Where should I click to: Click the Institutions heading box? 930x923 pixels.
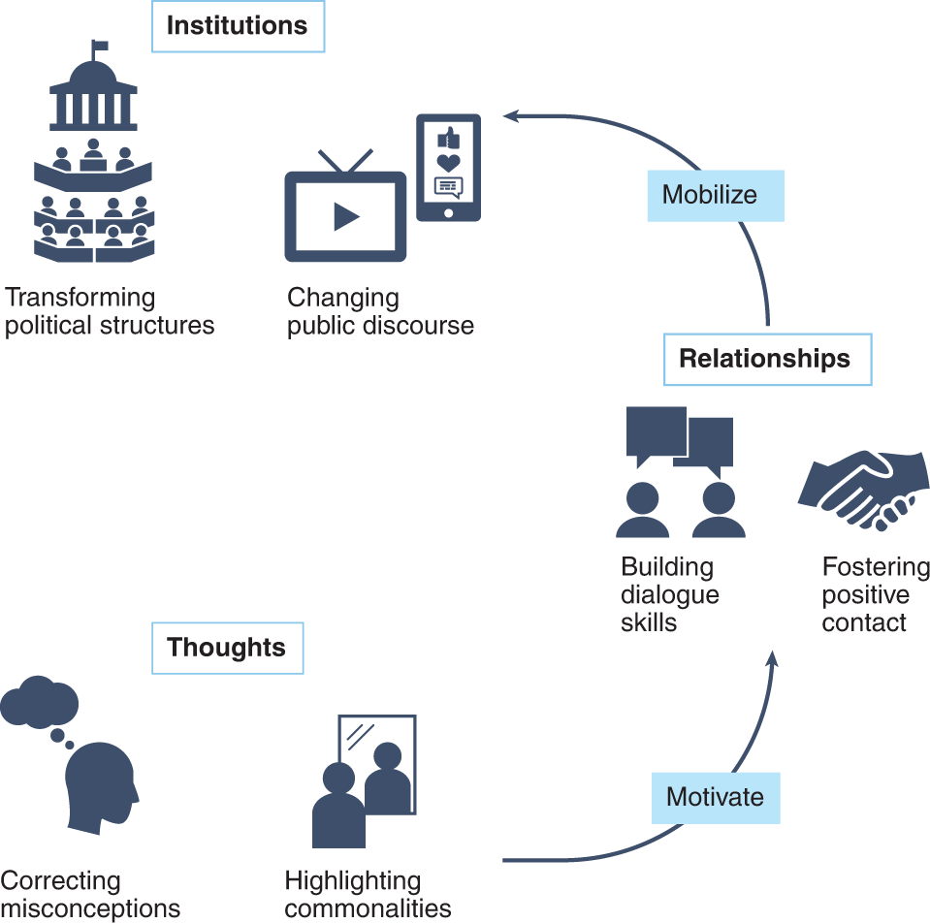237,26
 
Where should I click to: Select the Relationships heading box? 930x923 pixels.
765,359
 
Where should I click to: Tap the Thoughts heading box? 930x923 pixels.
227,648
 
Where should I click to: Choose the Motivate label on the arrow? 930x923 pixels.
716,797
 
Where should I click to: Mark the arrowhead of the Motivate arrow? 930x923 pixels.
772,659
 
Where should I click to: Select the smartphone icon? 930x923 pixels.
448,167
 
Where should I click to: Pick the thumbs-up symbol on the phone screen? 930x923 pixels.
448,138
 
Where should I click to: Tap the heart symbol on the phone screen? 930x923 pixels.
448,162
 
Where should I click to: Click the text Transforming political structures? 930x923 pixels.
109,311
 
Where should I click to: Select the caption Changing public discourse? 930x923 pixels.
380,311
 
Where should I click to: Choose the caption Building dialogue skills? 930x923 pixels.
669,594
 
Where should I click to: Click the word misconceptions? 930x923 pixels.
90,908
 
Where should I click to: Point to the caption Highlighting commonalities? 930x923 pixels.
368,895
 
